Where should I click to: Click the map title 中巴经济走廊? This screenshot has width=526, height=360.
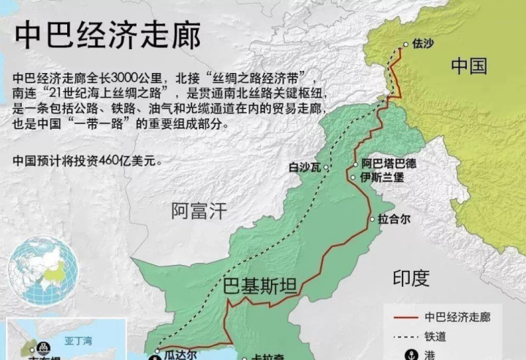tap(108, 34)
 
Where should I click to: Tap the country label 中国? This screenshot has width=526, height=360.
tap(468, 66)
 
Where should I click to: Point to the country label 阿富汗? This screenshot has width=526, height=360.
tap(199, 212)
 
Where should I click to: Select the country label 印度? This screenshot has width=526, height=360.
tap(411, 277)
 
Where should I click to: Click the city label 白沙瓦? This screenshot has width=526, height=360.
tap(305, 167)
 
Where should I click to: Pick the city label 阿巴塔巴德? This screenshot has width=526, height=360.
tap(391, 164)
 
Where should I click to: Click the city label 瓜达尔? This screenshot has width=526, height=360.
tap(180, 355)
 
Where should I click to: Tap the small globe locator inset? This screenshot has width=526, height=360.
tap(43, 271)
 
